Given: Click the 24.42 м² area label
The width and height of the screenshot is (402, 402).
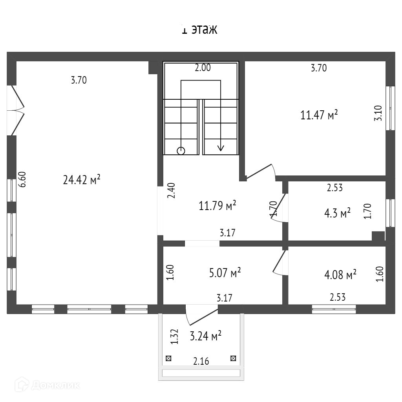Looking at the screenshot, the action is tap(82, 180).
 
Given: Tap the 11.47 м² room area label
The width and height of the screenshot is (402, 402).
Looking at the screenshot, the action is tap(319, 115).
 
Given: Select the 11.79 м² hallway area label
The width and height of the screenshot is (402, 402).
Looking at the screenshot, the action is tap(217, 205).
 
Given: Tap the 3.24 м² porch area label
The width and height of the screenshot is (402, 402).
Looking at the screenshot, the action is tap(205, 336).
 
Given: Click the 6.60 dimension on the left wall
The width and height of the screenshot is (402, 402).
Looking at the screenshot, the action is tap(23, 179).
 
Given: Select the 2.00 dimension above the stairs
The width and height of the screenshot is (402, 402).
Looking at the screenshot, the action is tap(203, 68).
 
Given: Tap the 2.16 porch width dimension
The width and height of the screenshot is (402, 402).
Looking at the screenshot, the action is tap(201, 361).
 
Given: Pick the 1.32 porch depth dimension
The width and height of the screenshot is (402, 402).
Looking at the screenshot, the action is tap(175, 337).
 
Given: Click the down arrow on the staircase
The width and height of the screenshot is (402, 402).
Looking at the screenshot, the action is tap(221, 147).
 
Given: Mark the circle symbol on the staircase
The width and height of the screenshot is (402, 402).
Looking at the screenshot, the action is tap(181, 151).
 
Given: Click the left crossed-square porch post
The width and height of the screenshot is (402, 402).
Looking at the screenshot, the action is tap(168, 358).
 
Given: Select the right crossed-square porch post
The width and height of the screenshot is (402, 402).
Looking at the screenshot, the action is tap(233, 358).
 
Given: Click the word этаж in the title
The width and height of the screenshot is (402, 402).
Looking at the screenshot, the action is tap(204, 30).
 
